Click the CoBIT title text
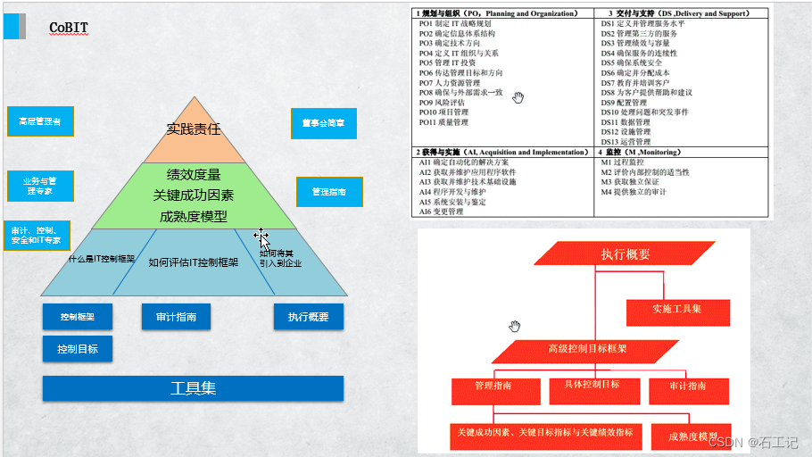click(x=68, y=28)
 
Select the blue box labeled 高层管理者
click(x=40, y=120)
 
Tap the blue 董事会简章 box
click(x=323, y=123)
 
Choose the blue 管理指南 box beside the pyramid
click(x=328, y=191)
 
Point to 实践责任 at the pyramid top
click(x=194, y=129)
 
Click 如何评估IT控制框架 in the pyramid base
click(x=193, y=262)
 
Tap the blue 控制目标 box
click(x=78, y=348)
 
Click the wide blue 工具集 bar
click(x=193, y=388)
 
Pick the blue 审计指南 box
click(x=176, y=316)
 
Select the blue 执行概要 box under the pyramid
click(x=308, y=316)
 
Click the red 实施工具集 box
click(x=676, y=309)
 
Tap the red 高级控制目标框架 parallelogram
click(x=586, y=349)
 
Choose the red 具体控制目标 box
click(x=592, y=386)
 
